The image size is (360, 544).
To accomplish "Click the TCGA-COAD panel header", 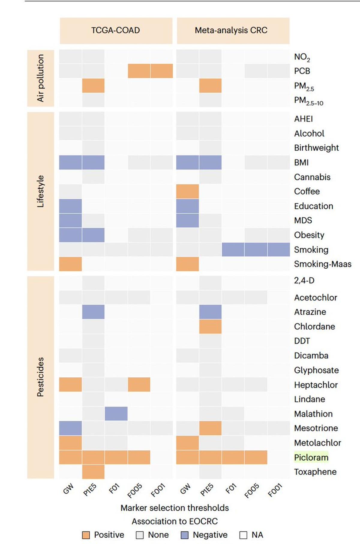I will click(116, 30).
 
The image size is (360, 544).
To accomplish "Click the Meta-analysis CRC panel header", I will click(231, 30).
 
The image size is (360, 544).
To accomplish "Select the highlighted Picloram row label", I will click(311, 457).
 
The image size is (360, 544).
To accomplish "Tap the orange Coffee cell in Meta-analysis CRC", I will click(187, 191).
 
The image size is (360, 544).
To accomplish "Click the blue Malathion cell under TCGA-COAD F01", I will click(116, 413).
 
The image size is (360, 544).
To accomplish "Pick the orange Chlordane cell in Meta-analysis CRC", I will click(210, 326).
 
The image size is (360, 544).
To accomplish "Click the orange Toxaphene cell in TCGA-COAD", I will click(93, 472).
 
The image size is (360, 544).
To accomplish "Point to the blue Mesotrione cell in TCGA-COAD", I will click(70, 428).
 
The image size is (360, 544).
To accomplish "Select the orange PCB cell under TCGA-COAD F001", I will click(162, 71).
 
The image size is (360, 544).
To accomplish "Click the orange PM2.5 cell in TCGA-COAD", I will click(93, 86).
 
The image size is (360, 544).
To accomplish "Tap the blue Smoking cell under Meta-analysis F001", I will click(279, 249).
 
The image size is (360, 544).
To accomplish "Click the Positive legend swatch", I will click(86, 535).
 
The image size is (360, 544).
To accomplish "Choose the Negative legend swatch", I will click(185, 535).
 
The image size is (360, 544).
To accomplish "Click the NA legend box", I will click(243, 535).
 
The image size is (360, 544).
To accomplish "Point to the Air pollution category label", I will click(40, 78).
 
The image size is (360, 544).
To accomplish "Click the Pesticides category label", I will click(40, 377).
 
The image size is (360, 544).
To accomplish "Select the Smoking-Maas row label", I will click(322, 264).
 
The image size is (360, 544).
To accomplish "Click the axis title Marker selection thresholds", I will click(175, 508).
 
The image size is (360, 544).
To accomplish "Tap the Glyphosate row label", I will click(316, 370).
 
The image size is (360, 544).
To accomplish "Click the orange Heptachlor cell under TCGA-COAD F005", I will click(139, 385).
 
